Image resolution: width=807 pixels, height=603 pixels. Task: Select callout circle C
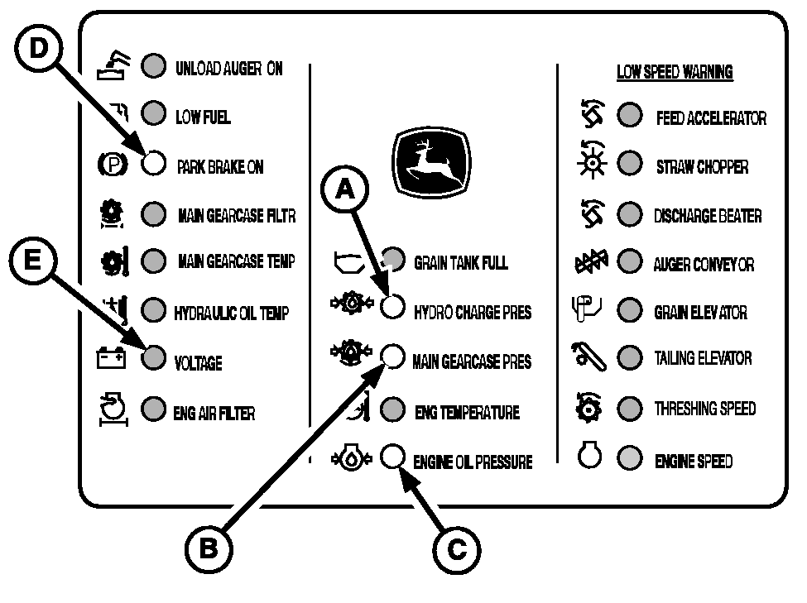(456, 548)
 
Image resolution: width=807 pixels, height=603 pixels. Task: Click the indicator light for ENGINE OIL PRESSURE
(391, 457)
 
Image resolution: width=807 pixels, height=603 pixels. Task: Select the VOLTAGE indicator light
(153, 357)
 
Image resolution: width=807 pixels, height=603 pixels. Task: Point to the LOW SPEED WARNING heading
(675, 72)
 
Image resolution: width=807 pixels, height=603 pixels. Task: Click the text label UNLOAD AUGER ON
(229, 68)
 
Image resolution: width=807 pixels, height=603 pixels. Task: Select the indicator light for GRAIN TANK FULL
(393, 258)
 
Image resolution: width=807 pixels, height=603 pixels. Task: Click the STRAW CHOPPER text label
(702, 166)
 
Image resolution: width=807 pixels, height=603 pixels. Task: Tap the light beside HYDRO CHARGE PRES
(391, 307)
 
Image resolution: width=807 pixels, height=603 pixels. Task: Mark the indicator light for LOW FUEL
(153, 112)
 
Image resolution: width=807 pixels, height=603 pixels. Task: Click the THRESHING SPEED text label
(704, 409)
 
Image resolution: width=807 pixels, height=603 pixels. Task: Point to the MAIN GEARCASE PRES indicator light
(391, 357)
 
